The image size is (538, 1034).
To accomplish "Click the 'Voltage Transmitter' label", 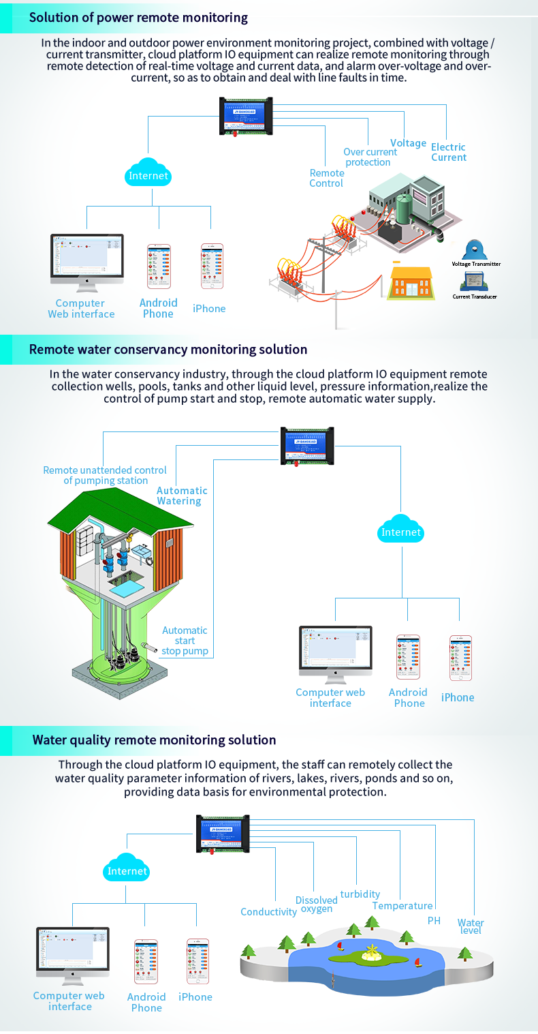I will (476, 264).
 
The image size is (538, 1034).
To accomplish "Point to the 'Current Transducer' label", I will (475, 296).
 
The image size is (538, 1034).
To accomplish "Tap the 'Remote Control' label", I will (326, 178).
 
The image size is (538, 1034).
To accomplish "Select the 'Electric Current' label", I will (448, 152).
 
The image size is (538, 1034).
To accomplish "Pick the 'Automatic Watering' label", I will (181, 496).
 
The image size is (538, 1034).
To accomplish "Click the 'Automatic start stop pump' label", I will (185, 641).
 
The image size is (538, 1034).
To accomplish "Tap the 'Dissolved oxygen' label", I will (317, 904).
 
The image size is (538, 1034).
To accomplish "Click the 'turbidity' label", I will (360, 894).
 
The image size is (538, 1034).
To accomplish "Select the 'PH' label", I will (434, 920).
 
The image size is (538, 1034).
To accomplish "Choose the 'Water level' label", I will (471, 926).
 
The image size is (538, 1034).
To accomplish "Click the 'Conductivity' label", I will (268, 911).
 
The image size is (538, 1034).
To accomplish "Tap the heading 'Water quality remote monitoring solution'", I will (154, 740).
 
